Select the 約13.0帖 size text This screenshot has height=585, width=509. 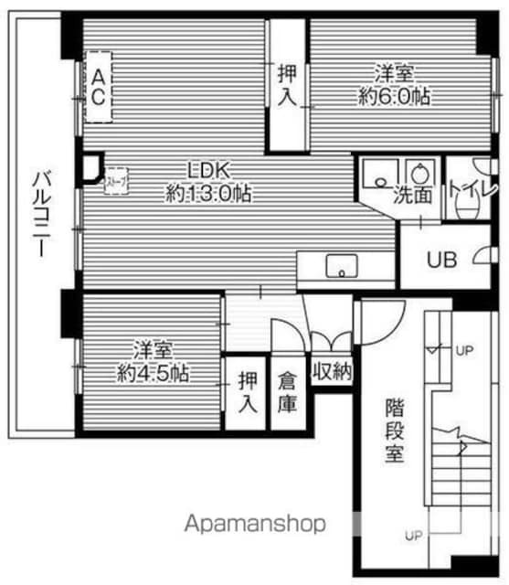(x=209, y=193)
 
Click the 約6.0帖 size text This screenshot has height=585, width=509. (x=396, y=97)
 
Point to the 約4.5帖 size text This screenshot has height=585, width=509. (x=153, y=373)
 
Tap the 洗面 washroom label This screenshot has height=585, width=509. (x=412, y=194)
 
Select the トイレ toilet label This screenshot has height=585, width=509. (x=469, y=190)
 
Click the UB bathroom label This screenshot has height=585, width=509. (x=443, y=260)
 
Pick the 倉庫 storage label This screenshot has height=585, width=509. (x=289, y=391)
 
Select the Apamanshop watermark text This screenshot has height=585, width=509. (x=256, y=525)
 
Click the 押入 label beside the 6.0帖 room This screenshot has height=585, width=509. (x=287, y=83)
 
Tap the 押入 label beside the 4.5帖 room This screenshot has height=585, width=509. (x=247, y=391)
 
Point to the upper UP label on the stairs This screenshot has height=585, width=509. (x=465, y=350)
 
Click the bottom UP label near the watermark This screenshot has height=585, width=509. (x=413, y=536)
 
